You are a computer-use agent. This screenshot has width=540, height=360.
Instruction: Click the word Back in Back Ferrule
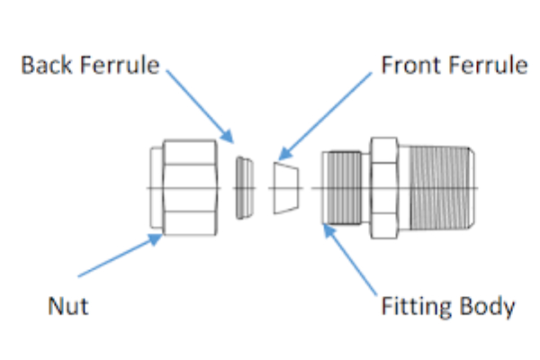tap(44, 66)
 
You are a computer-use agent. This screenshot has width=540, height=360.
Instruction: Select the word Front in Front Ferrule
tap(405, 66)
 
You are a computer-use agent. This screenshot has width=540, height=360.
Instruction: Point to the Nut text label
tap(68, 306)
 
